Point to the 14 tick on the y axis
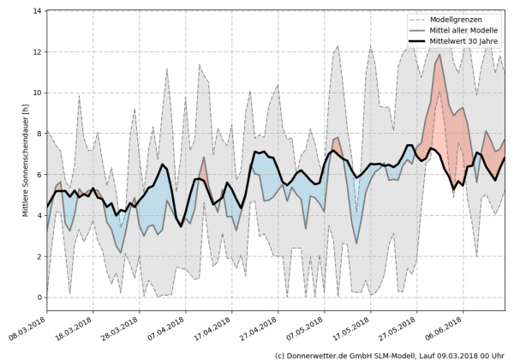pyautogui.click(x=38, y=11)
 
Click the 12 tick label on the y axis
pyautogui.click(x=38, y=52)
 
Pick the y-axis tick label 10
pyautogui.click(x=38, y=93)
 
